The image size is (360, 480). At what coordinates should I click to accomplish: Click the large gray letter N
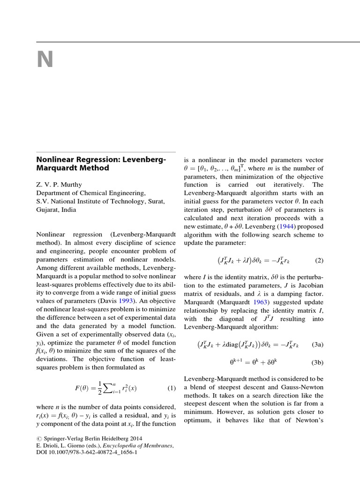pos(45,60)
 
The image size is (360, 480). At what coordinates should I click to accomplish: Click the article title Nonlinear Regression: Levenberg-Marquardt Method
pos(101,164)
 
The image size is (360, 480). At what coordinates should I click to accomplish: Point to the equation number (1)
pos(172,388)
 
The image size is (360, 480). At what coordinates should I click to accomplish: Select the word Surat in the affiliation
pos(156,201)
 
